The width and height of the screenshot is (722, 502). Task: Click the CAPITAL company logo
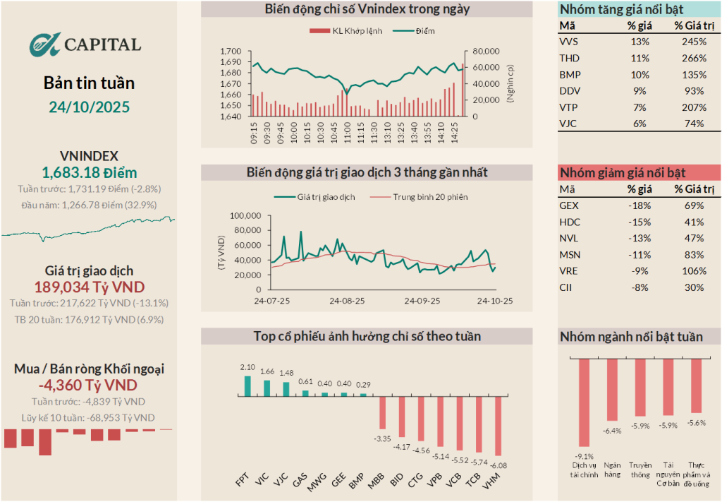[85, 44]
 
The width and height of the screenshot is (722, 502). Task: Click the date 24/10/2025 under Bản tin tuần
[89, 107]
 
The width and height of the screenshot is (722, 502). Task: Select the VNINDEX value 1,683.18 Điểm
[89, 172]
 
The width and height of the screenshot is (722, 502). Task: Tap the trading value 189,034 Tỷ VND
[89, 287]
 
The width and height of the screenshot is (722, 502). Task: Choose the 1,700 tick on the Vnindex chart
[231, 52]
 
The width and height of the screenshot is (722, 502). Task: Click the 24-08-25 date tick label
[347, 300]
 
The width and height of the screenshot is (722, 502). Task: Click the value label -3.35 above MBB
[382, 438]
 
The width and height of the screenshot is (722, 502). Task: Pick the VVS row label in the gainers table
[568, 42]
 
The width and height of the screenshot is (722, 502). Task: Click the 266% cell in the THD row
[694, 58]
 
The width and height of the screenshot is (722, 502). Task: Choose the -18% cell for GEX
[639, 205]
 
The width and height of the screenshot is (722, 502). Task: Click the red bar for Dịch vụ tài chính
[584, 402]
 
